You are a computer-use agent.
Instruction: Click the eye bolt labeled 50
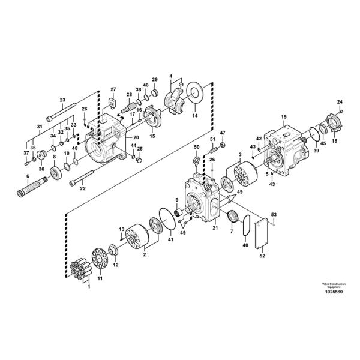(x=196, y=161)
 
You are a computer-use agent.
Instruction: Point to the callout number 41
(x=170, y=239)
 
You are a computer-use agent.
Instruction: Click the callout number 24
(x=340, y=101)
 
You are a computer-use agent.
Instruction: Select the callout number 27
(x=112, y=90)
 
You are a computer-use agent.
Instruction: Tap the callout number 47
(x=223, y=133)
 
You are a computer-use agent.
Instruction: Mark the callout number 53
(x=274, y=214)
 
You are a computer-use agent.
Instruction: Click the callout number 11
(x=100, y=278)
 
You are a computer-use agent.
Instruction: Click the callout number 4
(x=170, y=76)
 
